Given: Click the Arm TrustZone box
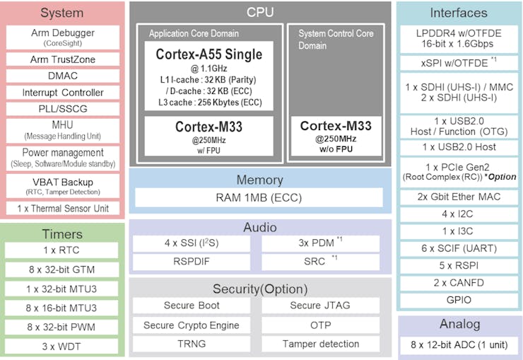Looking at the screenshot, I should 63,59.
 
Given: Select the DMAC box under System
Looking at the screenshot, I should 63,76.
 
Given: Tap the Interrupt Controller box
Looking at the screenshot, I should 63,93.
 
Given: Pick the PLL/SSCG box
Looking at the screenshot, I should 63,110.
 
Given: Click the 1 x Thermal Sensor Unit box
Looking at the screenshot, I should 63,209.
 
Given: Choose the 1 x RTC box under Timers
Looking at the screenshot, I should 61,250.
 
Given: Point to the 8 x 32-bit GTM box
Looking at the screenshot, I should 61,269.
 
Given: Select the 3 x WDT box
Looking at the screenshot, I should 61,347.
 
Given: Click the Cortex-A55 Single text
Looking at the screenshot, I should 208,54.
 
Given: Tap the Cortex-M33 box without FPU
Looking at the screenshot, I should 336,135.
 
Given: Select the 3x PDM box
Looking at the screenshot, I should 320,243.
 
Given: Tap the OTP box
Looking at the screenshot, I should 320,325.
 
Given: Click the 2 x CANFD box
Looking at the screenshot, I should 459,283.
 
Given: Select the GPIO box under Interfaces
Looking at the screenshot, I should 459,300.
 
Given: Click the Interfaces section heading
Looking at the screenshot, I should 459,13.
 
